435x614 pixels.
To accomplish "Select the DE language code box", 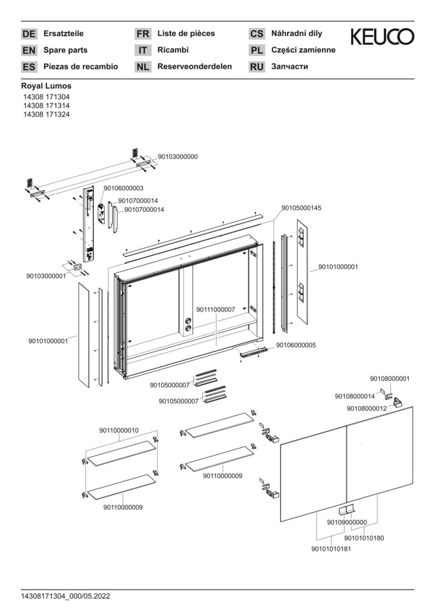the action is (x=29, y=34).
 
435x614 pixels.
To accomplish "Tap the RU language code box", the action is (x=257, y=67).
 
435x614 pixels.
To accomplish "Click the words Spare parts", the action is (x=65, y=50).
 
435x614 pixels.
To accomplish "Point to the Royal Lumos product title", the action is (x=46, y=86).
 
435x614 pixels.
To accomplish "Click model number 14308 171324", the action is (x=46, y=114).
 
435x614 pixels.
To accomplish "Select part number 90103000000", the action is (x=178, y=157).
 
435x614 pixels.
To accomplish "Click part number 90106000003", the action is (x=124, y=188).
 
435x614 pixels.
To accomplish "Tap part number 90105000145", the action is (x=301, y=208).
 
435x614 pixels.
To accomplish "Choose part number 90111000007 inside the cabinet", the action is (x=216, y=309).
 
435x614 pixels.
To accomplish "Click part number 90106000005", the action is (x=296, y=346).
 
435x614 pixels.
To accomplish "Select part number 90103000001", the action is (x=46, y=276).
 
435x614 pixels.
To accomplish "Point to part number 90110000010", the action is (x=119, y=430).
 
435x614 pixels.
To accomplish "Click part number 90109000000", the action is (x=347, y=522).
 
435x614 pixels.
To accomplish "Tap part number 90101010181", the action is (x=331, y=549).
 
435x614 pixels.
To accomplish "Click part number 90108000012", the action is (x=367, y=408).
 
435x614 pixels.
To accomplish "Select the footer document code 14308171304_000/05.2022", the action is (x=65, y=597).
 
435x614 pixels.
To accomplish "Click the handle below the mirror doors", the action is (x=346, y=510).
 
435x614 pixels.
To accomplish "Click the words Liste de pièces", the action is (x=186, y=34).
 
